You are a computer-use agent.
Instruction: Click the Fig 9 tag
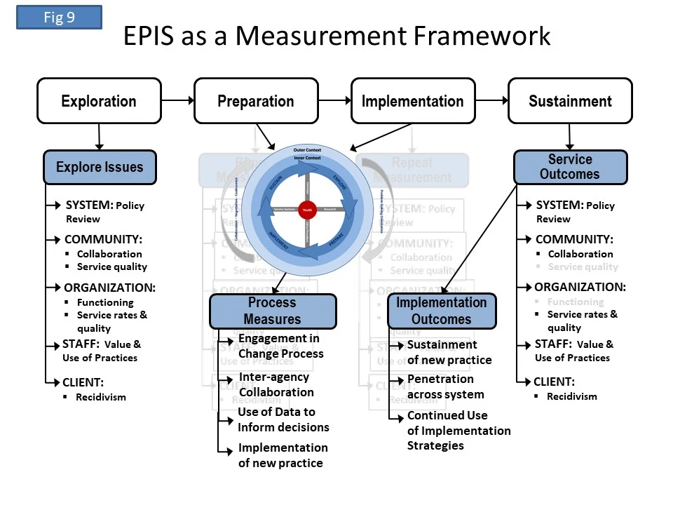coord(59,18)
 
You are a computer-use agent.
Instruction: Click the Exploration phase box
coord(99,101)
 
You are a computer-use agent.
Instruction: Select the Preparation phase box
coord(256,101)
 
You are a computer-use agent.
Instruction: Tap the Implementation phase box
coord(412,101)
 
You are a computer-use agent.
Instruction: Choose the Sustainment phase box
coord(570,101)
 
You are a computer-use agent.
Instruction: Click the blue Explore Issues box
coord(100,167)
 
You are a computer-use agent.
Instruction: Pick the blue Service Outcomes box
coord(570,167)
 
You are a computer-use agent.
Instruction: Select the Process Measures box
coord(272,311)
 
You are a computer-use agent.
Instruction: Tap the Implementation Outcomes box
coord(441,311)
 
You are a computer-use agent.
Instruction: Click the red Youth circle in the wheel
coord(307,209)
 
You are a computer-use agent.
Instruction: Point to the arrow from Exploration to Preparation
coord(177,101)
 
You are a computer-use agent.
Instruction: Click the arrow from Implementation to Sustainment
coord(491,101)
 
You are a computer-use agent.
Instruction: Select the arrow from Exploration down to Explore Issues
coord(100,137)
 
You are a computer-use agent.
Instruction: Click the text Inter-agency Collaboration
coord(276,384)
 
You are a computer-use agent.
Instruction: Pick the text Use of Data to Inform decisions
coord(283,419)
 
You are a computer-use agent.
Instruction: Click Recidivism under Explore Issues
coord(101,397)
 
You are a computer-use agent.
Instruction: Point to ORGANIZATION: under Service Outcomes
coord(580,287)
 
